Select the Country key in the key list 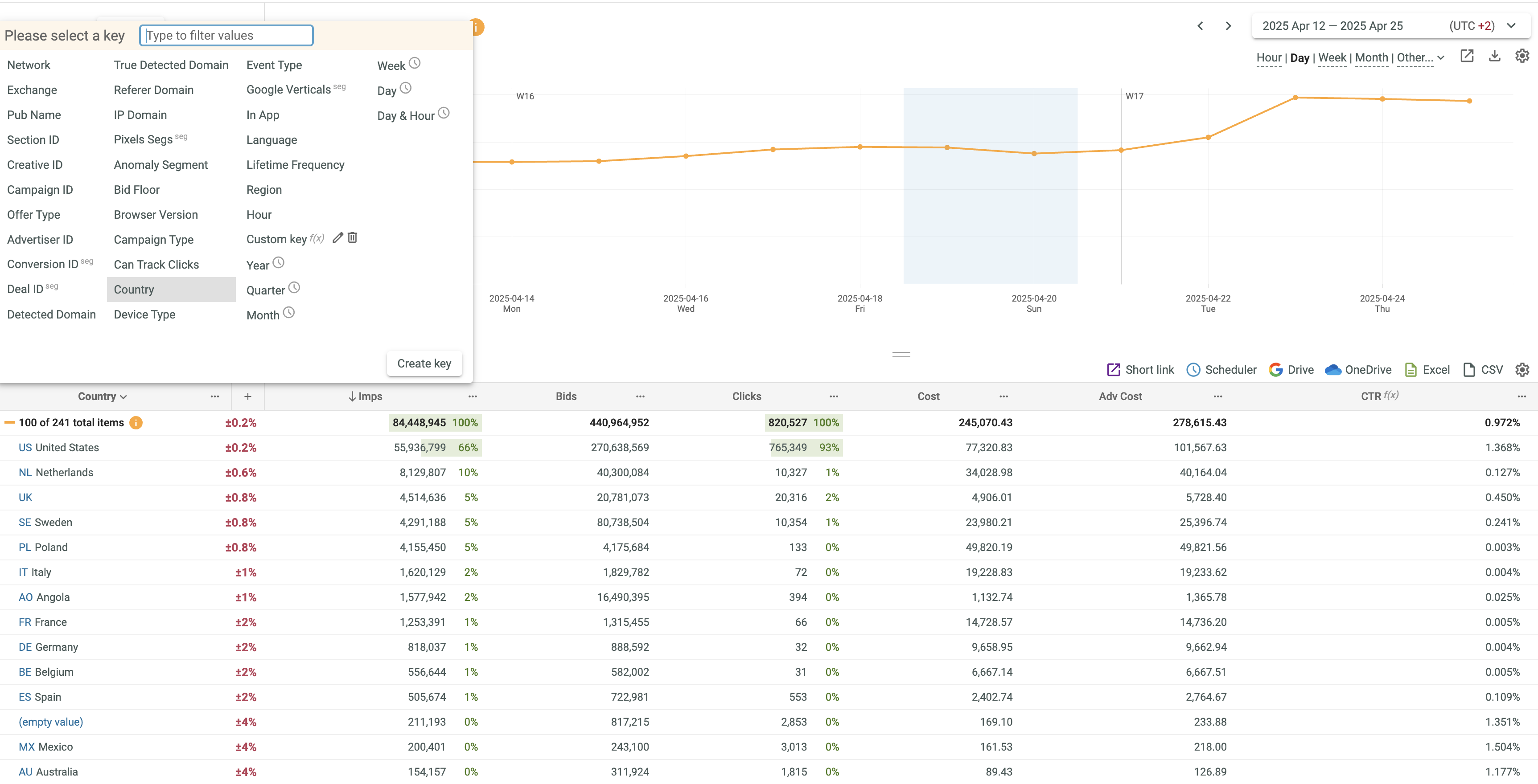point(134,290)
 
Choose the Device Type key point(144,314)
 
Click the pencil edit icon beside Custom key point(338,238)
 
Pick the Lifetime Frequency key point(295,165)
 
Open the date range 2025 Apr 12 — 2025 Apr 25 point(1332,26)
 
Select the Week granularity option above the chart point(1332,58)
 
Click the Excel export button point(1427,369)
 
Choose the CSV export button point(1483,369)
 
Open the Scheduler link point(1221,369)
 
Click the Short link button point(1140,369)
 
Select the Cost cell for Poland point(989,547)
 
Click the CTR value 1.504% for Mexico point(1502,747)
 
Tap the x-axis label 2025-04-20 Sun point(1033,303)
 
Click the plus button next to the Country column point(248,396)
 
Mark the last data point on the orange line point(1469,101)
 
